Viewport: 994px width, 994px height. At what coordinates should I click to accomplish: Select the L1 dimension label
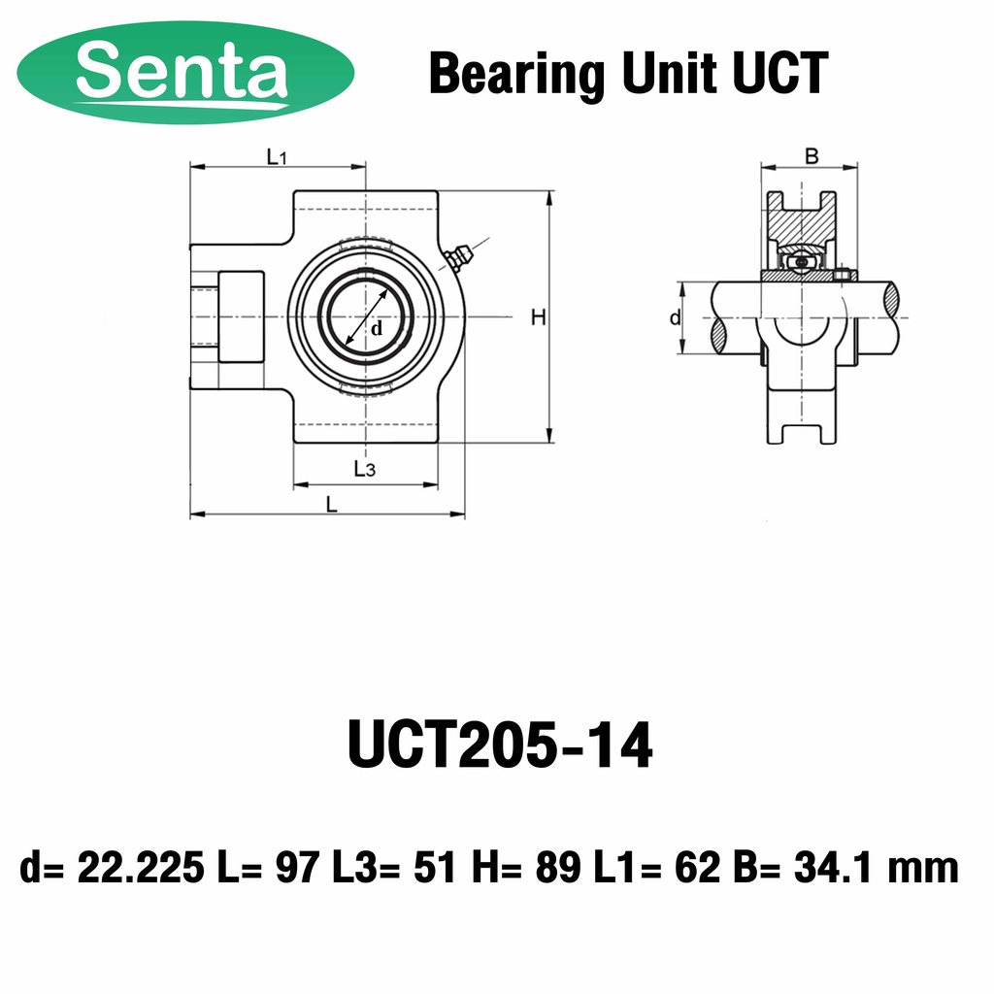point(276,155)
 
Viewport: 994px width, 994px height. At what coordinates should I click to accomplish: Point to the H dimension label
point(538,316)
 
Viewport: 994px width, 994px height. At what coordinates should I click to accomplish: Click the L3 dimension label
point(364,470)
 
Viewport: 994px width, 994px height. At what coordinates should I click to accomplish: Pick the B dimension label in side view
point(812,155)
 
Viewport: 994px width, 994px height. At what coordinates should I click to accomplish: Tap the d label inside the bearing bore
point(378,329)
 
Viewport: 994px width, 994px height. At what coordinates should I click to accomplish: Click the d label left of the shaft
point(675,318)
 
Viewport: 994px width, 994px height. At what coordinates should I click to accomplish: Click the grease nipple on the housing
point(457,257)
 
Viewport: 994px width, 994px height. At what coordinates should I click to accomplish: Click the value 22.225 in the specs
point(140,867)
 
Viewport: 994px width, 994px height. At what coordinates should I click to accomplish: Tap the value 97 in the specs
point(297,867)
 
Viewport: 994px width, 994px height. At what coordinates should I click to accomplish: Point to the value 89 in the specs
point(558,867)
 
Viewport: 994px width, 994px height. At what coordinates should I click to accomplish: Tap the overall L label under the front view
point(332,504)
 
